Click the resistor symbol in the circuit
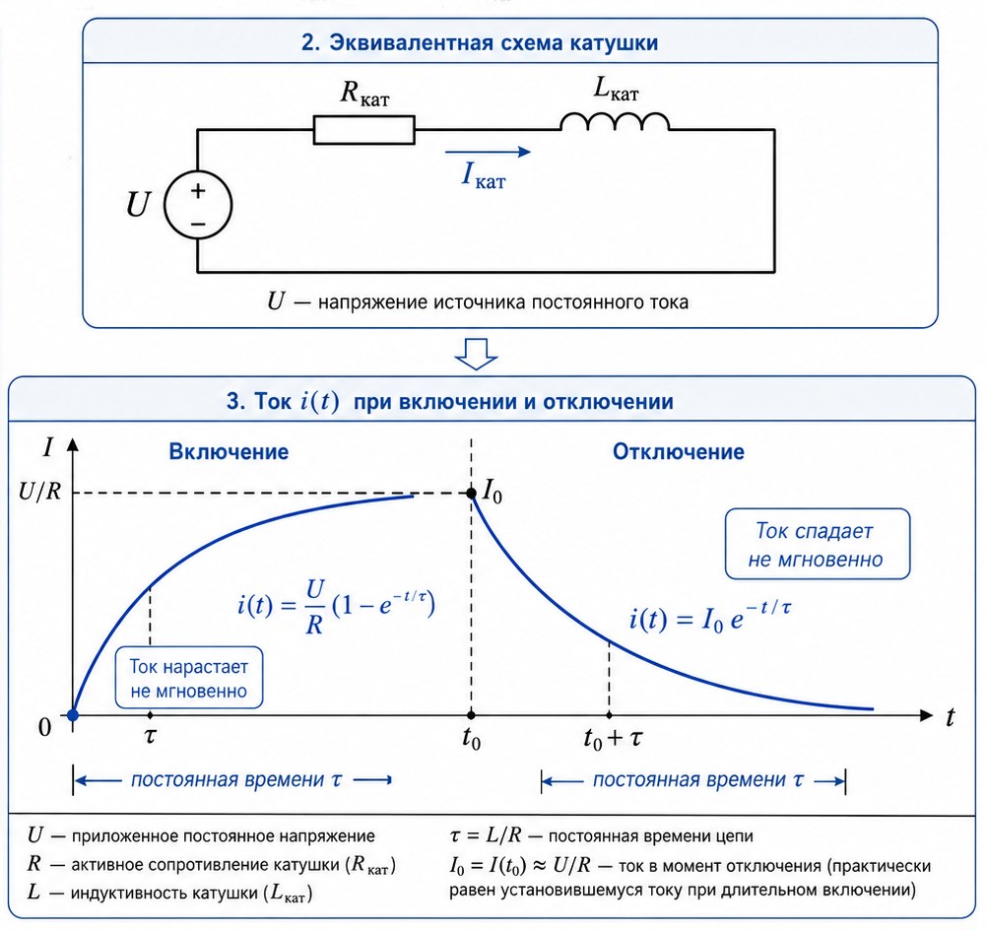click(363, 130)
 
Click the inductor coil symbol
click(615, 122)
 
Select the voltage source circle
click(198, 205)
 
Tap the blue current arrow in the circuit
click(488, 152)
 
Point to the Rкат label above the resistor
click(365, 94)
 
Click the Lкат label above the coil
click(616, 89)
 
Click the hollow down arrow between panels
click(477, 354)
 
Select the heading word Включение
click(229, 451)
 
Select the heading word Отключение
click(678, 451)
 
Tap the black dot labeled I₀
click(471, 493)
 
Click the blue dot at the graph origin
click(73, 714)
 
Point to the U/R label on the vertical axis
click(39, 493)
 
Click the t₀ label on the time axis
click(472, 739)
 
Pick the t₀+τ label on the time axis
click(613, 739)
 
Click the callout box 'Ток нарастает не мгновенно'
click(189, 678)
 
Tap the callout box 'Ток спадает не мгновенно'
click(817, 544)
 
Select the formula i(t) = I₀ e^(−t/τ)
click(710, 616)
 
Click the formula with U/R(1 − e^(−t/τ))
click(336, 606)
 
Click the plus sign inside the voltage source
click(198, 191)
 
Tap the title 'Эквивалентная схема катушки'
click(480, 42)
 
